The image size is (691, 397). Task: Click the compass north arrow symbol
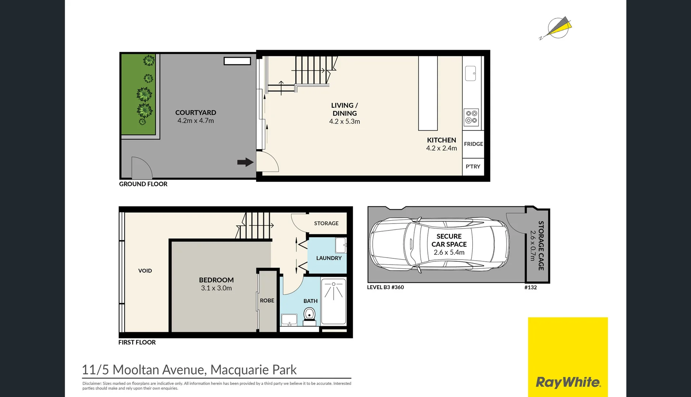[x=558, y=28]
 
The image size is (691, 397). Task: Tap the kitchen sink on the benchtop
[x=470, y=73]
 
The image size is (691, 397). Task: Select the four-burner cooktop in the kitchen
[x=471, y=117]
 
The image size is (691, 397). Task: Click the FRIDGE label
[x=473, y=144]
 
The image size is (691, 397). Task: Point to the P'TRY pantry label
[x=473, y=167]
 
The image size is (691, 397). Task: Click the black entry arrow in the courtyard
[x=245, y=162]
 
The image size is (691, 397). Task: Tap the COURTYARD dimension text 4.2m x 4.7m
[x=196, y=121]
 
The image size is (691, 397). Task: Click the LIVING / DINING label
[x=344, y=109]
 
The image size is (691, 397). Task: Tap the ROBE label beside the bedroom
[x=267, y=301]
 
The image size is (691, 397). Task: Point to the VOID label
[x=145, y=271]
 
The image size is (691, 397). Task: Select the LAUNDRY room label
[x=329, y=258]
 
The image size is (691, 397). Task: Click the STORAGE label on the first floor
[x=326, y=223]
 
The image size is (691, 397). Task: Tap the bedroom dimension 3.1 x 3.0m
[x=216, y=288]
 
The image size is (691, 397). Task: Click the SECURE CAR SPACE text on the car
[x=449, y=240]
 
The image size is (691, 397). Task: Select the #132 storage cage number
[x=530, y=287]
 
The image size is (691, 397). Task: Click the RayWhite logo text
[x=568, y=382]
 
